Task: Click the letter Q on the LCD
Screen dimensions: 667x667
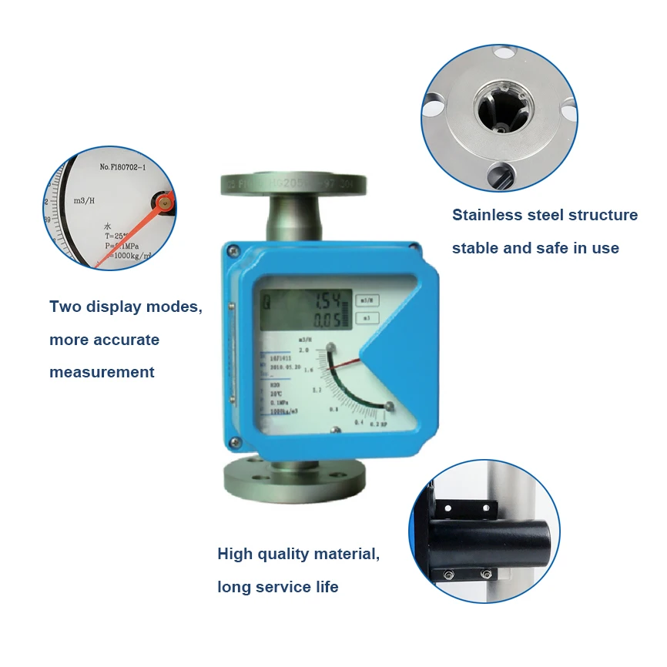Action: click(x=266, y=302)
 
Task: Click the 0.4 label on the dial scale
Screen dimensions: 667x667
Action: click(x=357, y=423)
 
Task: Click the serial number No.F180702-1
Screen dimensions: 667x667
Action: click(x=128, y=166)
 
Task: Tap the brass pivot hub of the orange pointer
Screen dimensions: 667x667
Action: click(x=163, y=203)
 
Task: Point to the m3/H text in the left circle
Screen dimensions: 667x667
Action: click(x=84, y=200)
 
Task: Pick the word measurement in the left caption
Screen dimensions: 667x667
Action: click(x=102, y=372)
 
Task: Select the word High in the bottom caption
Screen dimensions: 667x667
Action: click(x=234, y=554)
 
